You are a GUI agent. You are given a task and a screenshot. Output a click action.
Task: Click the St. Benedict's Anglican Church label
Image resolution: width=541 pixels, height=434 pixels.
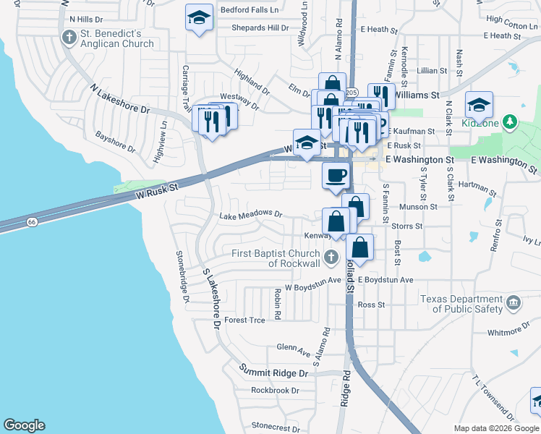click(x=117, y=38)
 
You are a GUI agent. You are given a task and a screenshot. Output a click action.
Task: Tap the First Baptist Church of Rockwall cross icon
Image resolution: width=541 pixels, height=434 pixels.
click(x=331, y=257)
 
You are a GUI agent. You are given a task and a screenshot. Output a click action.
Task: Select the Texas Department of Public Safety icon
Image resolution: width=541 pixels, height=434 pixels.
click(x=513, y=302)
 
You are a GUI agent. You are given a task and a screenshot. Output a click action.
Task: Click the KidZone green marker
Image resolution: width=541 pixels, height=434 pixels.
click(x=511, y=120)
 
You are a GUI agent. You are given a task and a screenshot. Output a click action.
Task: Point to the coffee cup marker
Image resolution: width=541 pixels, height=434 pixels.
click(x=335, y=176)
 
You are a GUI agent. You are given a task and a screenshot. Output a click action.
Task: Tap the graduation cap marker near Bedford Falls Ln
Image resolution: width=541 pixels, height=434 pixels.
click(x=199, y=18)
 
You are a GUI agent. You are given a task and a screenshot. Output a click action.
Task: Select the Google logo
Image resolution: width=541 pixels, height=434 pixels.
click(x=24, y=425)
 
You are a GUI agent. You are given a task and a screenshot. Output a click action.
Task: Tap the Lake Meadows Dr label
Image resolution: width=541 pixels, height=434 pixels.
click(x=250, y=214)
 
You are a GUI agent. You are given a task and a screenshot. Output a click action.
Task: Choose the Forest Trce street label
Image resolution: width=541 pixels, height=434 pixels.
click(x=245, y=320)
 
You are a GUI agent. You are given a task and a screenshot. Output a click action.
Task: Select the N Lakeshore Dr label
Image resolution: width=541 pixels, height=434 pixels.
click(x=119, y=99)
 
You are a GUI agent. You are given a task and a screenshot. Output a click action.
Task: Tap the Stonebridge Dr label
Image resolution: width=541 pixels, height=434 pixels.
click(x=182, y=277)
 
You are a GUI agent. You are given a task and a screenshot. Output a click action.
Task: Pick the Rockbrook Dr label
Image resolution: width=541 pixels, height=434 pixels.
click(x=275, y=390)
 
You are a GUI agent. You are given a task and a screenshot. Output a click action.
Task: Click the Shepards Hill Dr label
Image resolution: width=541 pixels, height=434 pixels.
click(x=260, y=28)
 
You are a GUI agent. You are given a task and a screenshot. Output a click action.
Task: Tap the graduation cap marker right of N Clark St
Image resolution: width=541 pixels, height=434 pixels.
click(x=479, y=104)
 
